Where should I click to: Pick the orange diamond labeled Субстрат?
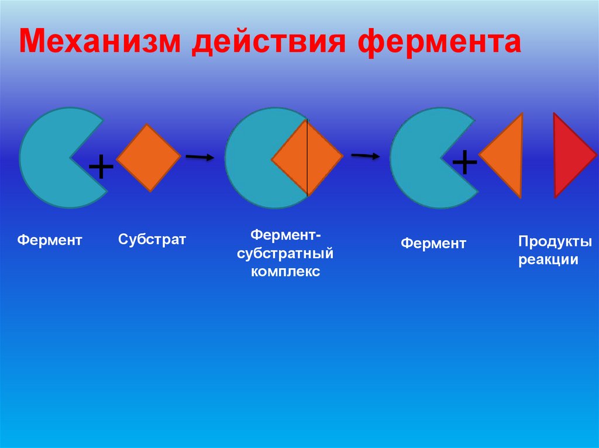click(149, 158)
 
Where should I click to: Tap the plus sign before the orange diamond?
click(101, 168)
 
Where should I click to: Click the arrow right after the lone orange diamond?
click(199, 157)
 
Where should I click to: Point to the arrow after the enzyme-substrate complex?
click(364, 155)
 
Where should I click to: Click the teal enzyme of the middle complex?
click(249, 158)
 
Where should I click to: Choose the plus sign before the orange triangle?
click(464, 162)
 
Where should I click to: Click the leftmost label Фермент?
click(49, 240)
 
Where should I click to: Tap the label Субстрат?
click(152, 239)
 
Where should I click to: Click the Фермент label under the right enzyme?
click(433, 244)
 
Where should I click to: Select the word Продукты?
click(555, 241)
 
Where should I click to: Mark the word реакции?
click(548, 260)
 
